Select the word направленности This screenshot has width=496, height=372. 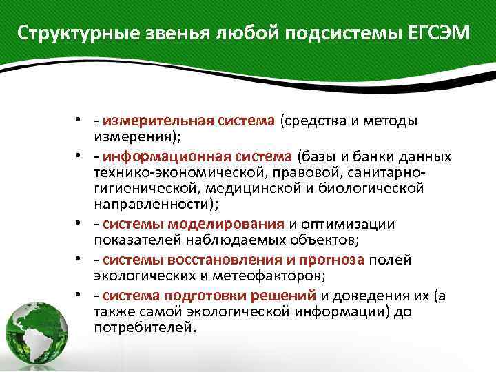tap(153, 206)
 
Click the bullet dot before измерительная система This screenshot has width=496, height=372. tap(80, 121)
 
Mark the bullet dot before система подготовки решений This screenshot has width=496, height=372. tap(80, 296)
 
